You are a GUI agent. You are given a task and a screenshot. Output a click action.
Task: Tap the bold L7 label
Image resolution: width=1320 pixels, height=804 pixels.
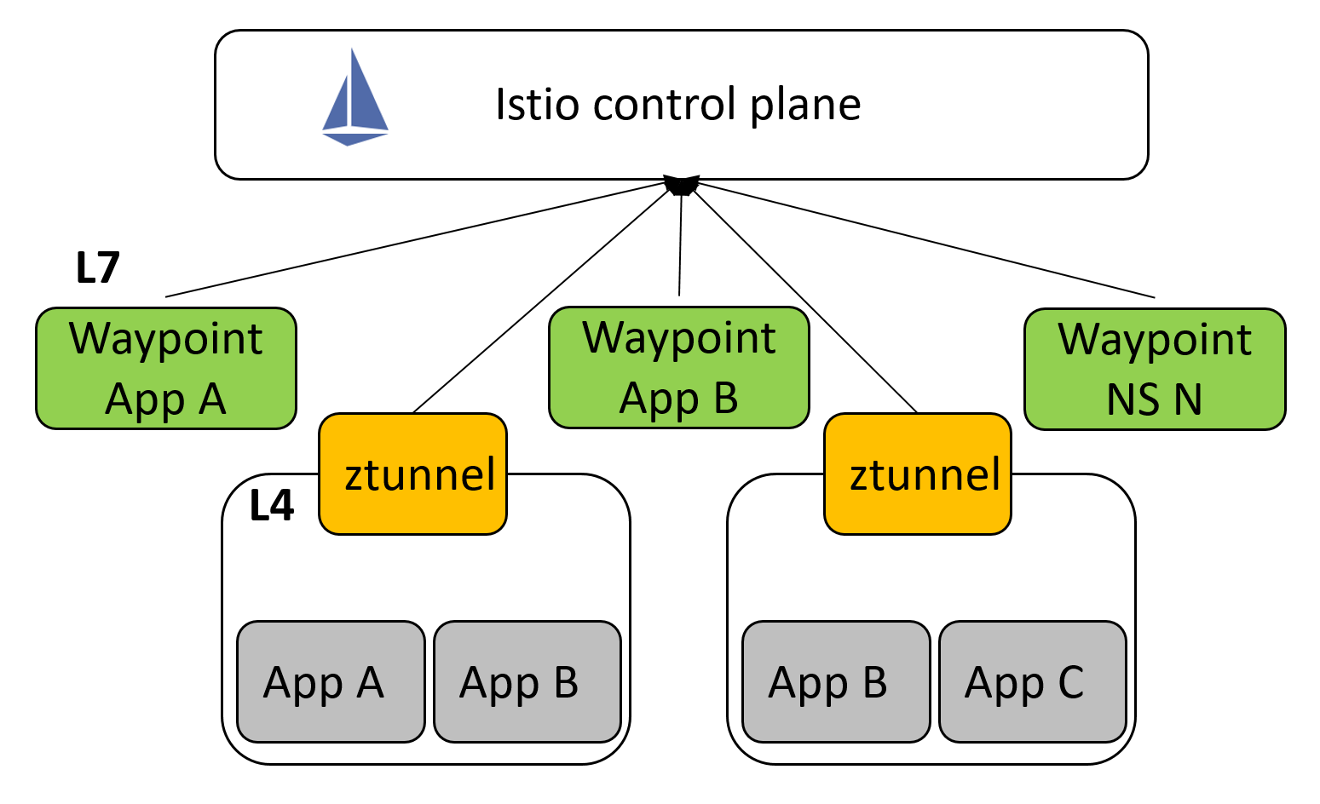click(x=97, y=268)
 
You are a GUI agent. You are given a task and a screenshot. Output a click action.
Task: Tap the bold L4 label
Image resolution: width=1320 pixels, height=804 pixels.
click(x=272, y=506)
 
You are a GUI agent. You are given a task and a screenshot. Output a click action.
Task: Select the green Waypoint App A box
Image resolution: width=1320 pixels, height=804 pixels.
click(x=166, y=368)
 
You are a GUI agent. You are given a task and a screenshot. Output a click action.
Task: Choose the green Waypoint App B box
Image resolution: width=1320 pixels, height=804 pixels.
click(x=678, y=367)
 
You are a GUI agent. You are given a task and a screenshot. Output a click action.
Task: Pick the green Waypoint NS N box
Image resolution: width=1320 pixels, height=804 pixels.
click(x=1154, y=369)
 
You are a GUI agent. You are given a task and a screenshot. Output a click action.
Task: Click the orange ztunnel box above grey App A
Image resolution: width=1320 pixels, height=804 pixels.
click(x=413, y=474)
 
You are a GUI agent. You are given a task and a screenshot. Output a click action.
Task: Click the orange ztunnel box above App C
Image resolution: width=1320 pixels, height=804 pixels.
click(x=918, y=474)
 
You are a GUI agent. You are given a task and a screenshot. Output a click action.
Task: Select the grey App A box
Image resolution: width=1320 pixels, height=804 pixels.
click(x=331, y=681)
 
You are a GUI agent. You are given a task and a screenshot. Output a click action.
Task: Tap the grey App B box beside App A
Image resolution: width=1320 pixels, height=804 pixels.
click(x=527, y=681)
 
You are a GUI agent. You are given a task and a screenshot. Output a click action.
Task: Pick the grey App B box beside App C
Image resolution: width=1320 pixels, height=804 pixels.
click(x=835, y=681)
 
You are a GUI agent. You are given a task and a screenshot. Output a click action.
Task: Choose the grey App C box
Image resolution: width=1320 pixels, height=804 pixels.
click(x=1032, y=681)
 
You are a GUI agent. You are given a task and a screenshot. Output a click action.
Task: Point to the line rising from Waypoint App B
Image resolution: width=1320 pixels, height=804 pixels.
click(x=680, y=247)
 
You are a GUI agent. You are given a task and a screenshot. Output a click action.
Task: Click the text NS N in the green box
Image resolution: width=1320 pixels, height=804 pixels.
click(x=1154, y=399)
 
